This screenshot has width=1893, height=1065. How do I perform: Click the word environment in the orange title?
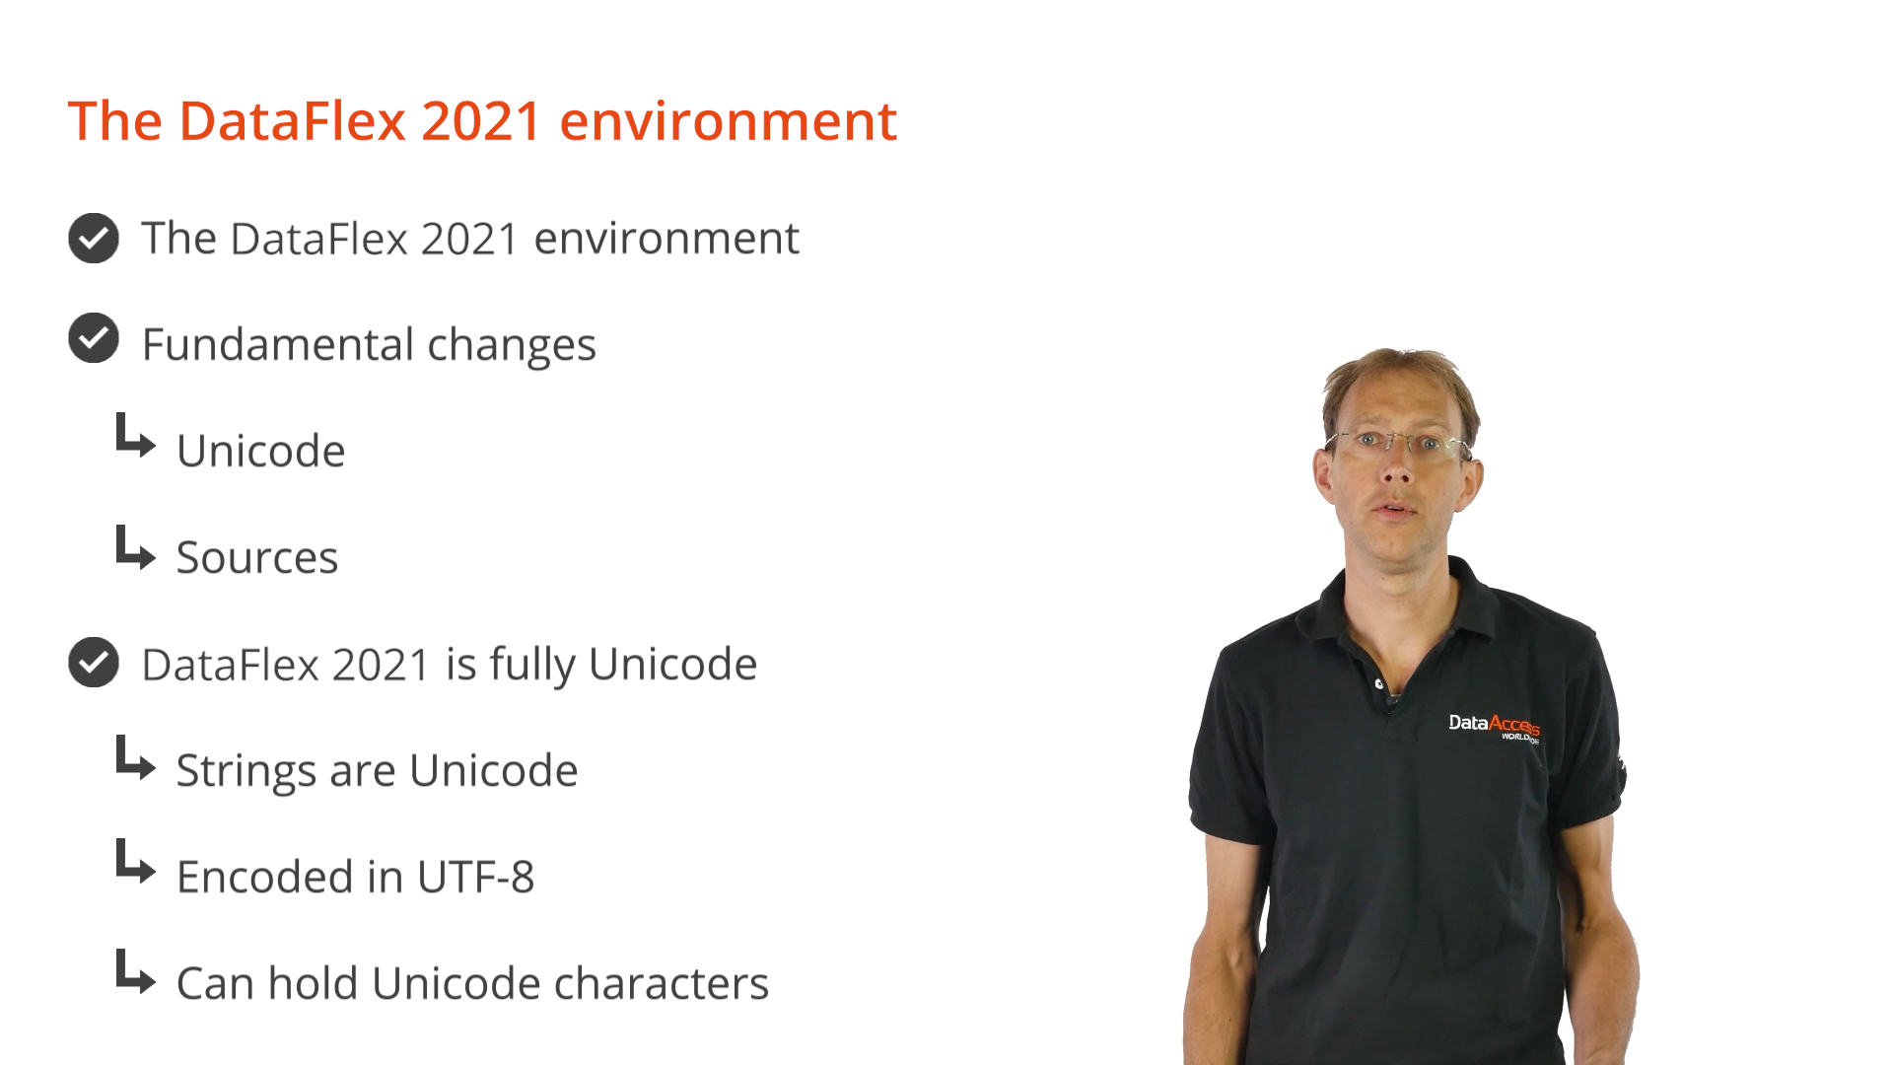click(728, 121)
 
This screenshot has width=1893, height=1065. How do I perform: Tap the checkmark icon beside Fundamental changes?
click(94, 338)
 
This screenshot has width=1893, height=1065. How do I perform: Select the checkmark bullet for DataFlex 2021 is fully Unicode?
click(94, 663)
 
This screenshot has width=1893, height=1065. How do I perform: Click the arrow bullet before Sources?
click(135, 548)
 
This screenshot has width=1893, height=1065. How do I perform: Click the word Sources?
click(257, 557)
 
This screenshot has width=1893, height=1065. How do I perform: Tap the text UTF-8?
click(475, 877)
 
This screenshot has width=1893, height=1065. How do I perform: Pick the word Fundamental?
click(278, 344)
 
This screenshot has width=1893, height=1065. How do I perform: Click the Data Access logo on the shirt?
click(1494, 727)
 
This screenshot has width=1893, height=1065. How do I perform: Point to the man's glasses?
click(1398, 444)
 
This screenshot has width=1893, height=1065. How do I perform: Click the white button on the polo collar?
click(1379, 683)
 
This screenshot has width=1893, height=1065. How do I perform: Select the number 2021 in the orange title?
click(481, 121)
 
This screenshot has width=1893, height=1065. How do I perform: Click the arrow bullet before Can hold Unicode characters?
click(135, 971)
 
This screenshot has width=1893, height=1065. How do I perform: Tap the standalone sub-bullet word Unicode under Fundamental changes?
click(261, 451)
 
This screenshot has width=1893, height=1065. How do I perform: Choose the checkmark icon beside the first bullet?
click(94, 238)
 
